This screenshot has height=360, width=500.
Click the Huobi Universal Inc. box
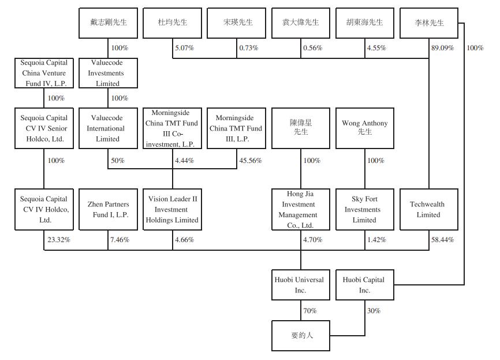(x=300, y=284)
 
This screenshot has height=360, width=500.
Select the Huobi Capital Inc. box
(x=364, y=284)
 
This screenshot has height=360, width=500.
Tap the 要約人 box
(x=300, y=336)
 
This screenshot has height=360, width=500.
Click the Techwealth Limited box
(x=428, y=209)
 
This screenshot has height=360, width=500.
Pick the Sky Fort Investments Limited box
(x=364, y=209)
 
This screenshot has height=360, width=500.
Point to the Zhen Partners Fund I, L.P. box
(x=108, y=209)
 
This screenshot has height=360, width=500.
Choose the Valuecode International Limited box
(x=108, y=128)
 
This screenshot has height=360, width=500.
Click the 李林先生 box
(x=428, y=23)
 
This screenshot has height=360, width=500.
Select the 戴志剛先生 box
(x=108, y=23)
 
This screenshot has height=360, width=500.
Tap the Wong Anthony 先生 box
(x=364, y=128)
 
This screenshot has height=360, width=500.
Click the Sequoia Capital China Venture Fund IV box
(x=44, y=73)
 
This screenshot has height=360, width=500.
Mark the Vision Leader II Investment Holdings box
(x=173, y=209)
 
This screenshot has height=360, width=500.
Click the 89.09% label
(x=443, y=48)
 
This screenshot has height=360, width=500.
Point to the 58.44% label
(x=442, y=239)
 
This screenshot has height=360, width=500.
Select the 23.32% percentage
(x=58, y=239)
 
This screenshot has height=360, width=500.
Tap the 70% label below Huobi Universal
(x=311, y=311)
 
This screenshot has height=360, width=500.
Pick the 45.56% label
(x=250, y=160)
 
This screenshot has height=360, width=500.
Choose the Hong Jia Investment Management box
(x=300, y=209)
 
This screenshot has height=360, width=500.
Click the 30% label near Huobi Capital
(x=374, y=311)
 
